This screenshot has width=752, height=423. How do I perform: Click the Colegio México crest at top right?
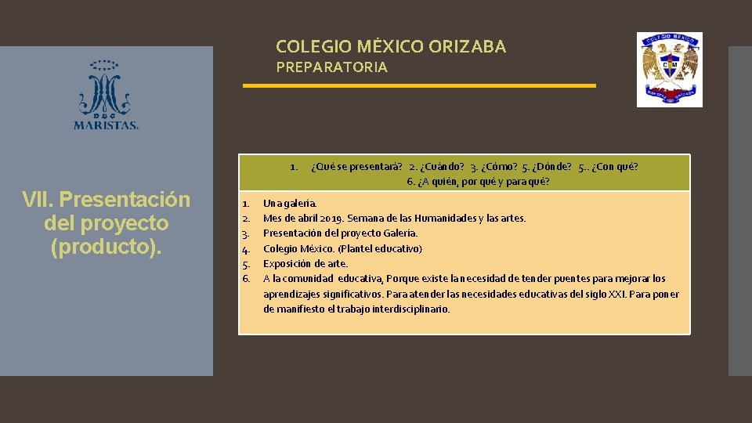tap(669, 70)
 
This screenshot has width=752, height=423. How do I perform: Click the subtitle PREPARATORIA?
tap(331, 67)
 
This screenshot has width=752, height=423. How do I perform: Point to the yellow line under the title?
tap(419, 85)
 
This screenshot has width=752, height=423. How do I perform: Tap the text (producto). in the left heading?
tap(107, 247)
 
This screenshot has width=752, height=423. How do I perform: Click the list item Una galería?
tap(290, 204)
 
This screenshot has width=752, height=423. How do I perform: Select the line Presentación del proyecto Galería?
tap(340, 233)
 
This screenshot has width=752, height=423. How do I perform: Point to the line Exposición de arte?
tap(305, 263)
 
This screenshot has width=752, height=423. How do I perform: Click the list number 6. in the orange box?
tap(246, 278)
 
